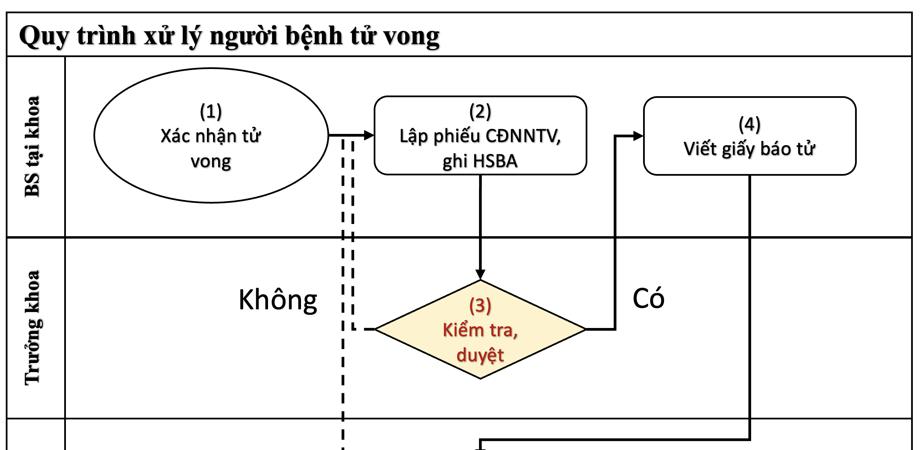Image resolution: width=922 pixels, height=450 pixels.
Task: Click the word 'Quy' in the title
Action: [x=43, y=36]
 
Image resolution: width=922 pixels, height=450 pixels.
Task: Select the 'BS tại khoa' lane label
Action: [x=32, y=146]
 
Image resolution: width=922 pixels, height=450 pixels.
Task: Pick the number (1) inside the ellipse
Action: [x=211, y=111]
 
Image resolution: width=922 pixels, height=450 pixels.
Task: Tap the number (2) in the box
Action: [x=480, y=111]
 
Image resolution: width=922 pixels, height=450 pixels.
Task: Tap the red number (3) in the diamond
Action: [x=480, y=306]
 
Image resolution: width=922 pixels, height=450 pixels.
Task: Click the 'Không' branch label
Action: [x=278, y=300]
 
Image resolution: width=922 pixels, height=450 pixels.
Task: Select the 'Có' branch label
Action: [x=648, y=298]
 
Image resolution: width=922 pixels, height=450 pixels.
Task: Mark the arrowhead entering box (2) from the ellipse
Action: [x=369, y=135]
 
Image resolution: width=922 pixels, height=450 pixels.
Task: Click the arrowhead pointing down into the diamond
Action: [x=480, y=274]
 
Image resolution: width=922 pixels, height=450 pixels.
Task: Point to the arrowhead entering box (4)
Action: [x=638, y=136]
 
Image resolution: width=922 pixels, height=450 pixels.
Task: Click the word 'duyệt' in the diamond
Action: [x=480, y=355]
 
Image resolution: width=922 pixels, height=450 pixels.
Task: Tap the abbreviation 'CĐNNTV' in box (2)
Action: [x=523, y=136]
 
